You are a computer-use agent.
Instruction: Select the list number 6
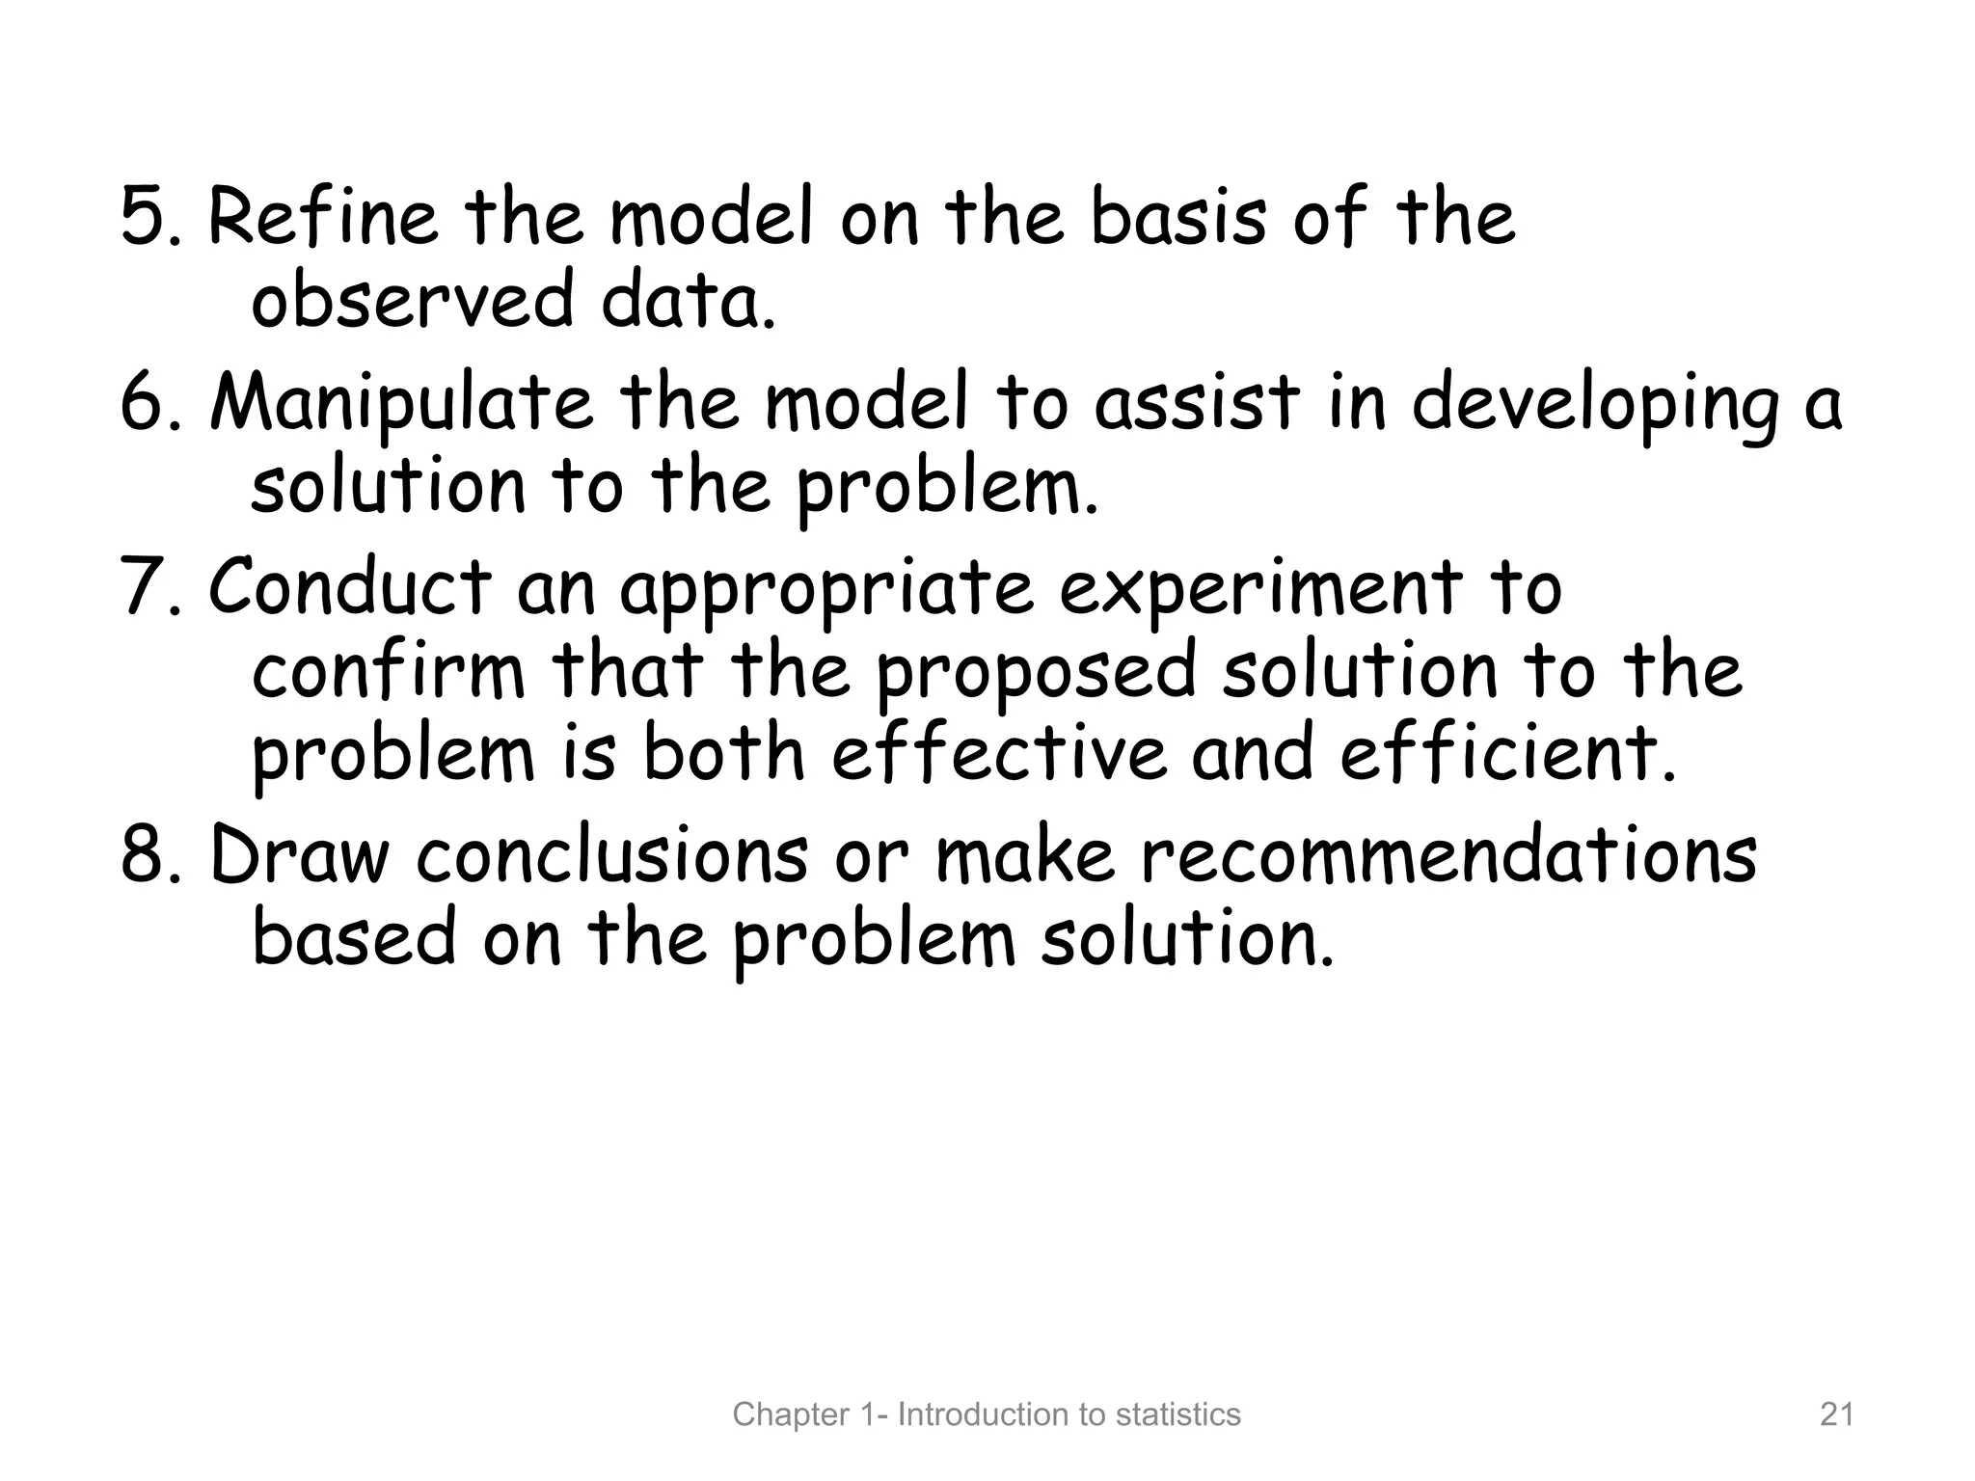(145, 403)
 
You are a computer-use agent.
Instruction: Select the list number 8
(145, 856)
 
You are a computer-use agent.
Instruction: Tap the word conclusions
(613, 856)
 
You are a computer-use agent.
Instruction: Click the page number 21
(1836, 1414)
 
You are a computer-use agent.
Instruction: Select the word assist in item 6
(1197, 403)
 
